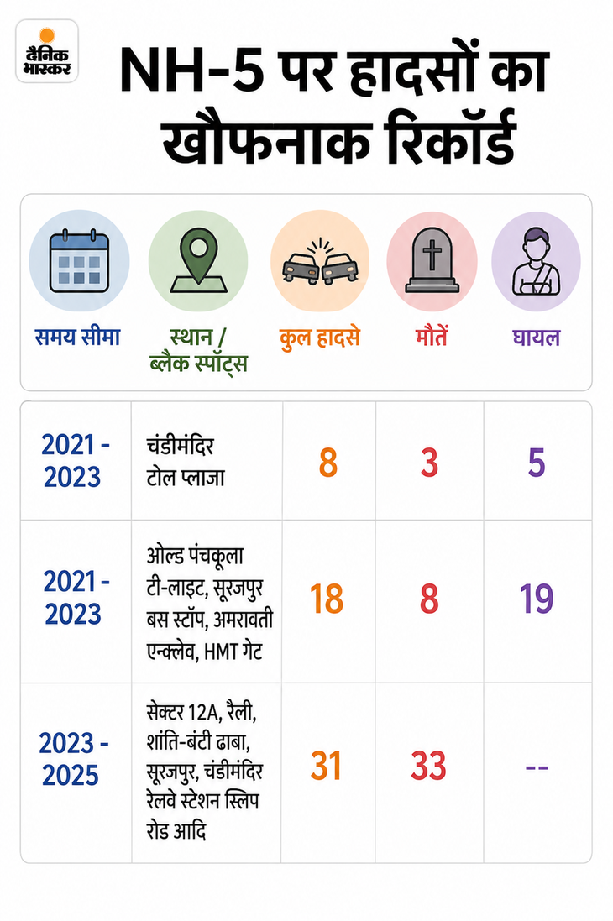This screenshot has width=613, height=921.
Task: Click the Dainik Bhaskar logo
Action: (47, 52)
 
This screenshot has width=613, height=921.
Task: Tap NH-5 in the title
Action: (191, 71)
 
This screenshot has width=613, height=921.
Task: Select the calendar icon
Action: (79, 261)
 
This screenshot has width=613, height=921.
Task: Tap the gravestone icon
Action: (432, 260)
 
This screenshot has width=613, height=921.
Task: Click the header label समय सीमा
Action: (77, 338)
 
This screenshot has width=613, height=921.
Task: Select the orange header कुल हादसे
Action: (319, 338)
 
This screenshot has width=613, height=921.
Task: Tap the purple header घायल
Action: (536, 338)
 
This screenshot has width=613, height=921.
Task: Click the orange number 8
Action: (328, 463)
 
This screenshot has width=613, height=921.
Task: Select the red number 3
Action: (430, 463)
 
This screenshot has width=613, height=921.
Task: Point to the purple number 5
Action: (537, 463)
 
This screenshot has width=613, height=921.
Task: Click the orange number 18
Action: (327, 599)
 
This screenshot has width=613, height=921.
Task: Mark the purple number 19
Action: (537, 599)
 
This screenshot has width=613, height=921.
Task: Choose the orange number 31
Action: (326, 766)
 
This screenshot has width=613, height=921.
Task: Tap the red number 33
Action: (429, 766)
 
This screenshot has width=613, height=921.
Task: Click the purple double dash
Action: (537, 767)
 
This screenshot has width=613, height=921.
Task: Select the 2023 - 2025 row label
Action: (72, 759)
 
